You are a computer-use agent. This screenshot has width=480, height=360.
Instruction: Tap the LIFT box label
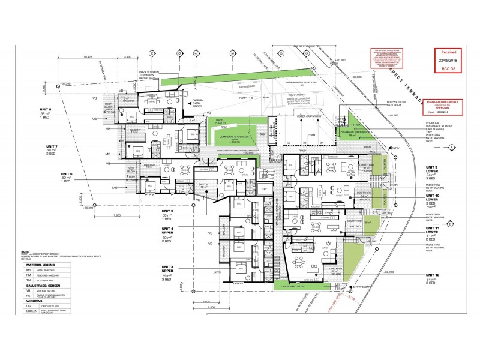pyautogui.click(x=263, y=190)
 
